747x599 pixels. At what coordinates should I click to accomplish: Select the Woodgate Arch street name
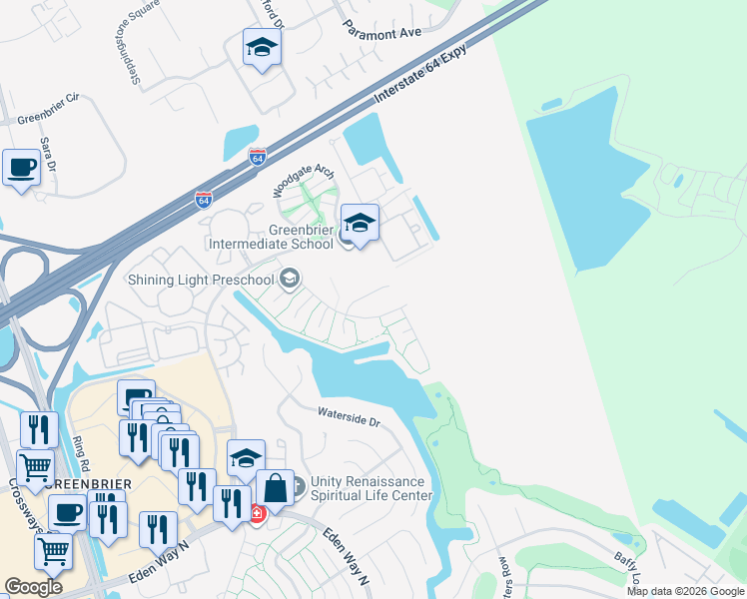click(x=305, y=180)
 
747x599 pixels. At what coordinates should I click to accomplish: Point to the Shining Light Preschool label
click(x=200, y=280)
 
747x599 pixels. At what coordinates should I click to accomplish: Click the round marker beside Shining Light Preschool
click(x=290, y=279)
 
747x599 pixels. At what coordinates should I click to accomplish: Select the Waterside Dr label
click(x=350, y=416)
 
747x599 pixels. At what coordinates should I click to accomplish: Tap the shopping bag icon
click(x=276, y=488)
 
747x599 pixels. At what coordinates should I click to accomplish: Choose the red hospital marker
click(x=257, y=513)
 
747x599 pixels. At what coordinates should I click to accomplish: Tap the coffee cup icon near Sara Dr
click(x=21, y=169)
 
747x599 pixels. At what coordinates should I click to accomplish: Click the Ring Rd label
click(x=82, y=454)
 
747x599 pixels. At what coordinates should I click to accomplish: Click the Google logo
click(x=33, y=587)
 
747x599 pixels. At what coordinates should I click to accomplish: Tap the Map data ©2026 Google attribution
click(x=685, y=591)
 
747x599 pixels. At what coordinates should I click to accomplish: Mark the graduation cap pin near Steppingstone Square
click(x=262, y=47)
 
